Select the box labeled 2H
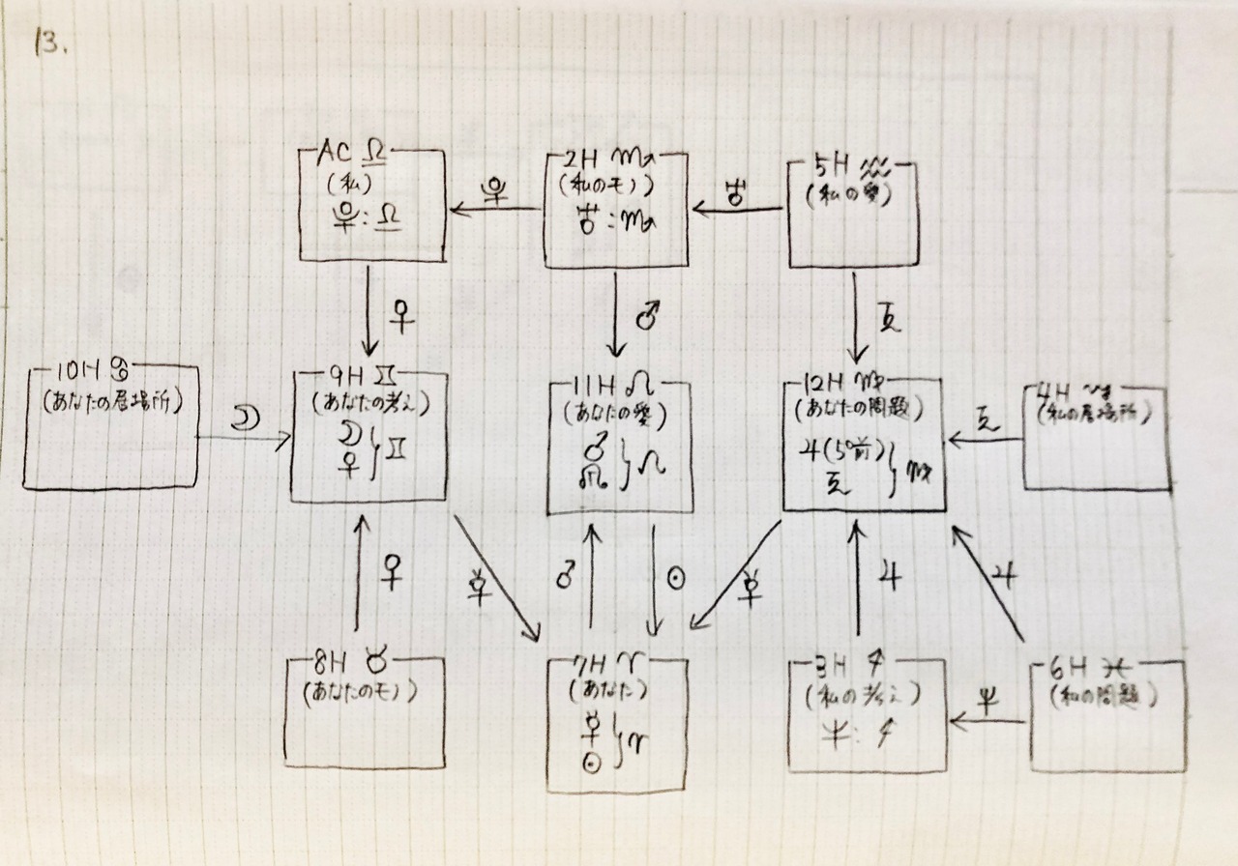click(616, 208)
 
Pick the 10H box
click(109, 426)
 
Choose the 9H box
click(372, 436)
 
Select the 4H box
click(1096, 436)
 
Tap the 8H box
click(365, 709)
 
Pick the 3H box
click(865, 715)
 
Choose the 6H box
click(1106, 716)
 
